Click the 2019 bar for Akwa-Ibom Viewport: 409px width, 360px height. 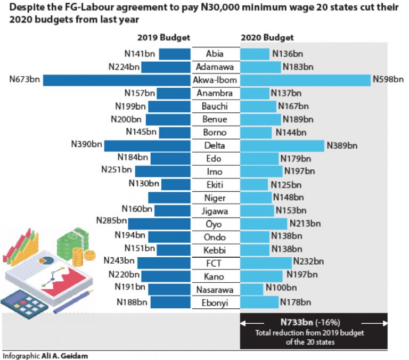point(117,80)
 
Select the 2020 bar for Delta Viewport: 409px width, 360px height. point(282,145)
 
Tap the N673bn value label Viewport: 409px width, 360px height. point(24,80)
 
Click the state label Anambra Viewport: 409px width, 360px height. point(215,94)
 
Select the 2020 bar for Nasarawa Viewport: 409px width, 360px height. point(252,289)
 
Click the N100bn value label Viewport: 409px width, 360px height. point(281,289)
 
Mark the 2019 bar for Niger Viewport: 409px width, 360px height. point(169,198)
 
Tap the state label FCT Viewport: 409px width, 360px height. point(215,263)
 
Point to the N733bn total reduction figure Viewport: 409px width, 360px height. point(299,322)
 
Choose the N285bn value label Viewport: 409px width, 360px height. point(111,220)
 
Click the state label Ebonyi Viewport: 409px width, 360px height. point(215,302)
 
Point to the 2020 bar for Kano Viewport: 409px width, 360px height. point(261,276)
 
